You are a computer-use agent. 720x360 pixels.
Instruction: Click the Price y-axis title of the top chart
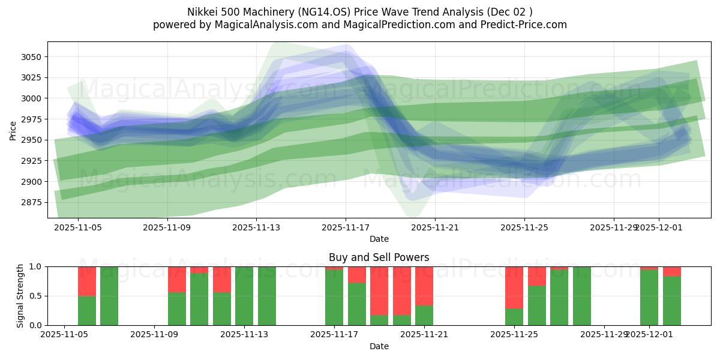coord(13,130)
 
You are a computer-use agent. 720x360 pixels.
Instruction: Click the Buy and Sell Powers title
coord(379,257)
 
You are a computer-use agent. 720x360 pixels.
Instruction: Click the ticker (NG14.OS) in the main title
coord(321,11)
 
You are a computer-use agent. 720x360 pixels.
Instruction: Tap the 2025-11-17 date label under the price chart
coord(346,227)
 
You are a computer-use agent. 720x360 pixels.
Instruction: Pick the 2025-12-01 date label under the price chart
coord(658,227)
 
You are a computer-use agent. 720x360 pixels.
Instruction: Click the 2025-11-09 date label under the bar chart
coord(155,335)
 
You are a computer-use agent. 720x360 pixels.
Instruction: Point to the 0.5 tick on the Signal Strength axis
coord(36,296)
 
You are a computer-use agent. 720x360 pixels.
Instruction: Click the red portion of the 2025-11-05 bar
coord(87,281)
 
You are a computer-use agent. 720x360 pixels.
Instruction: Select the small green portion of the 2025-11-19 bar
coord(401,320)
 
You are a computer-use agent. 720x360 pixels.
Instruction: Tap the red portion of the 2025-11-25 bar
coord(514,287)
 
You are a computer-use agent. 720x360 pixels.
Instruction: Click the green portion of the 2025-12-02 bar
coord(672,300)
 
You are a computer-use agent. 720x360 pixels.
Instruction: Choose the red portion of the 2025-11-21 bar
coord(424,286)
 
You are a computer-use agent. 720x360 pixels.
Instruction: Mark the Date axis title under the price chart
coord(379,239)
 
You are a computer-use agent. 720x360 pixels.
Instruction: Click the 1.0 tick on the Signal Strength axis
coord(36,266)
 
